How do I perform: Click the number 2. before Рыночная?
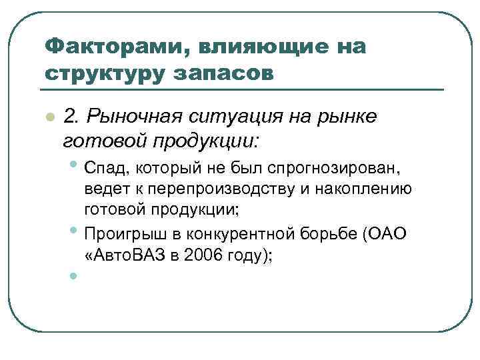tap(72, 117)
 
